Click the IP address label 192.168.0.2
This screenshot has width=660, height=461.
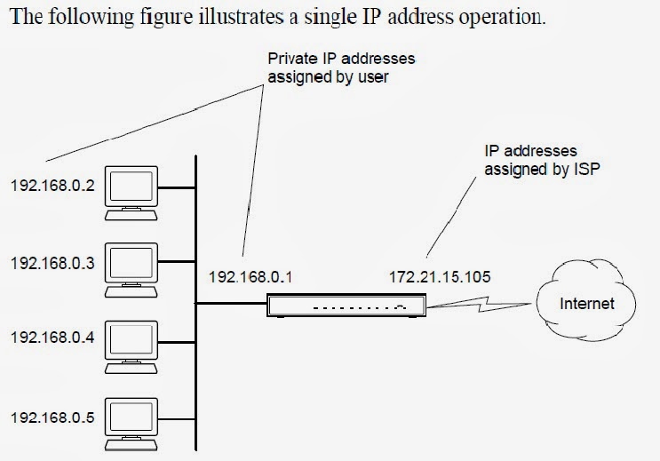[x=51, y=187]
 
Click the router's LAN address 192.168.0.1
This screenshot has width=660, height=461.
[x=250, y=276]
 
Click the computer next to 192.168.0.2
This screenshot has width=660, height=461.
[x=131, y=191]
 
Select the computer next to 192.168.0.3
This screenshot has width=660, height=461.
[x=131, y=267]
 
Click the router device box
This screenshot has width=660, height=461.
[x=347, y=306]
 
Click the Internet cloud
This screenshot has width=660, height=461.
[x=587, y=305]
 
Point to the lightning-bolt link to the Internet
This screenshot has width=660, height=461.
[x=481, y=305]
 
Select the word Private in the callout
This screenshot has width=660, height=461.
[x=290, y=59]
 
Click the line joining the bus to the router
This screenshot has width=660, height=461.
[x=231, y=304]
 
